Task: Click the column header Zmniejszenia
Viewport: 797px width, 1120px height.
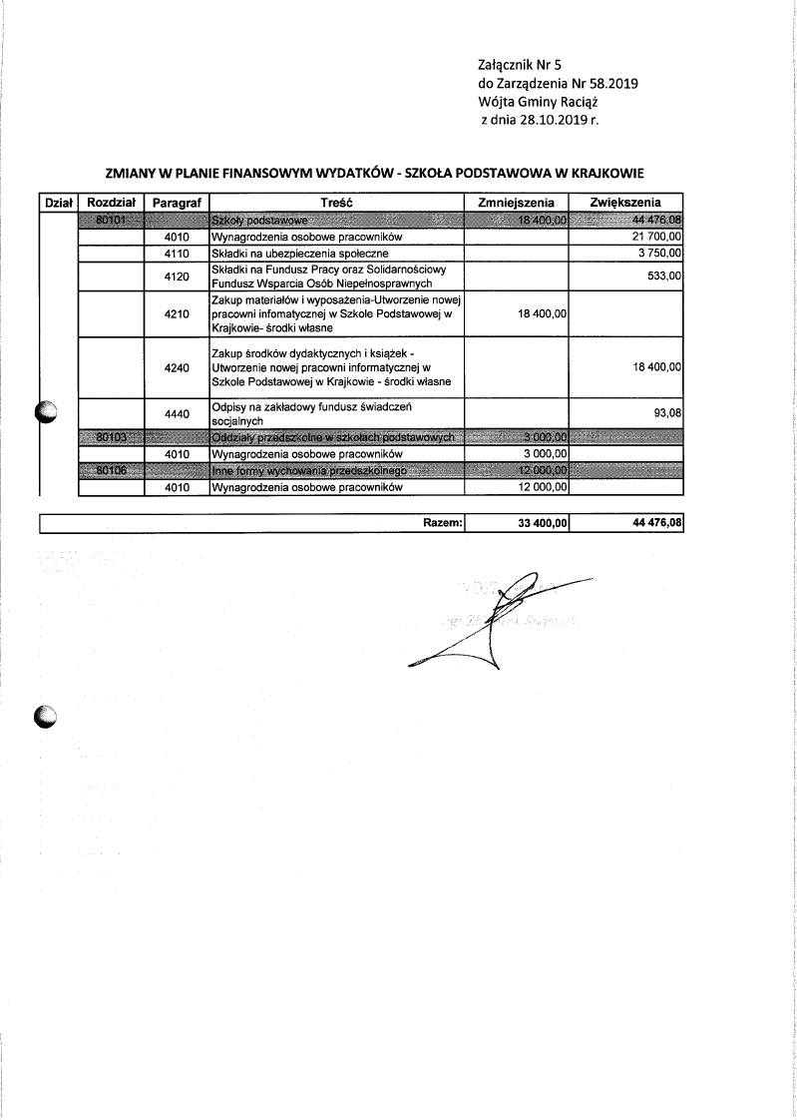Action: pos(516,202)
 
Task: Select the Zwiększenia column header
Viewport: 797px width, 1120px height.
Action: pos(625,202)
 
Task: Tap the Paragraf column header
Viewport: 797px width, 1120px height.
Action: pos(178,202)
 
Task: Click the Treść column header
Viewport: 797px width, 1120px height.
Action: pos(338,202)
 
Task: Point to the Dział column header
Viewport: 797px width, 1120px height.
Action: pos(57,202)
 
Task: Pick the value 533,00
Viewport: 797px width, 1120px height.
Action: pos(663,276)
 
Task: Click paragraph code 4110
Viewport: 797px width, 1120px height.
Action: pos(178,254)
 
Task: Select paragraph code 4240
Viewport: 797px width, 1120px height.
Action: pos(178,367)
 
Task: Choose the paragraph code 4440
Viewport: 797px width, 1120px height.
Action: pos(178,413)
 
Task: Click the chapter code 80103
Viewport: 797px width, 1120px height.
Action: pos(110,436)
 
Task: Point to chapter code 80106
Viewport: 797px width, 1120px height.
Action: pos(110,470)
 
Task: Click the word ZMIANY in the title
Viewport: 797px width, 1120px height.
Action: pos(133,172)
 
